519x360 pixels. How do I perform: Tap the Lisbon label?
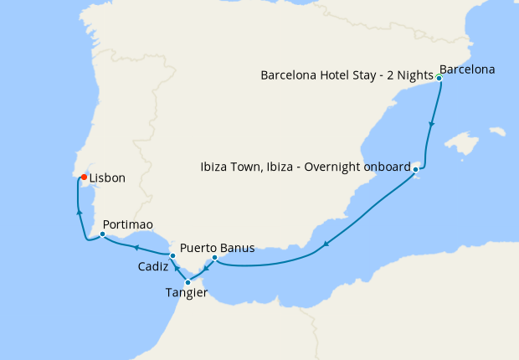107,178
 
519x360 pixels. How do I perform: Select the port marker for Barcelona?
439,78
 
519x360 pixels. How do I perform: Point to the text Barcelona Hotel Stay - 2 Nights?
347,75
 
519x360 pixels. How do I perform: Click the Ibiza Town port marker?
415,170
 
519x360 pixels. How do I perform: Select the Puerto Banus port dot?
214,257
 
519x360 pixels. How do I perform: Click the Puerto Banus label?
217,248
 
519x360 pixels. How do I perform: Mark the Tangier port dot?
188,282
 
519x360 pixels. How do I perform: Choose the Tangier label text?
186,293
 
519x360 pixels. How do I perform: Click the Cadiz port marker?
172,255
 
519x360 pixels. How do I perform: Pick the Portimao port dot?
101,234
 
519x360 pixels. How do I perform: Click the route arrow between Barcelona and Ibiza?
431,125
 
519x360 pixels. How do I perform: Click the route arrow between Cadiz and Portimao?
135,247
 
